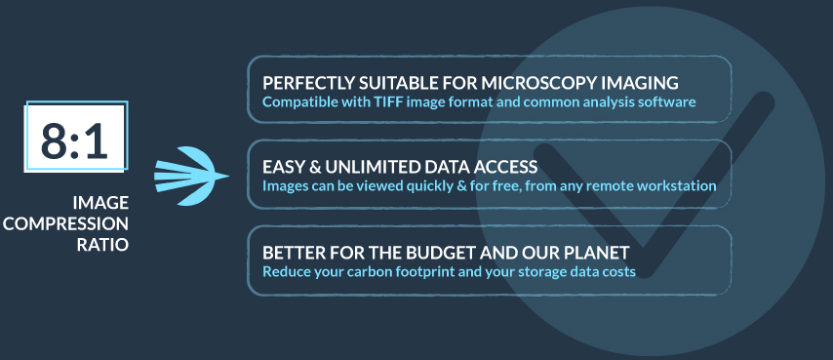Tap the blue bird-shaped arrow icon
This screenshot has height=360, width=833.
[190, 176]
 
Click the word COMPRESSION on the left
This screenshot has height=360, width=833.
[66, 223]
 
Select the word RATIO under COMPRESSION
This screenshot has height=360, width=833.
[103, 244]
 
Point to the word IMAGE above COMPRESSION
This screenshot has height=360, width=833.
[100, 203]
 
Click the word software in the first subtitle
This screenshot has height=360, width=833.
[667, 101]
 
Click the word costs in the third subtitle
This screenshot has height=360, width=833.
[616, 271]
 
